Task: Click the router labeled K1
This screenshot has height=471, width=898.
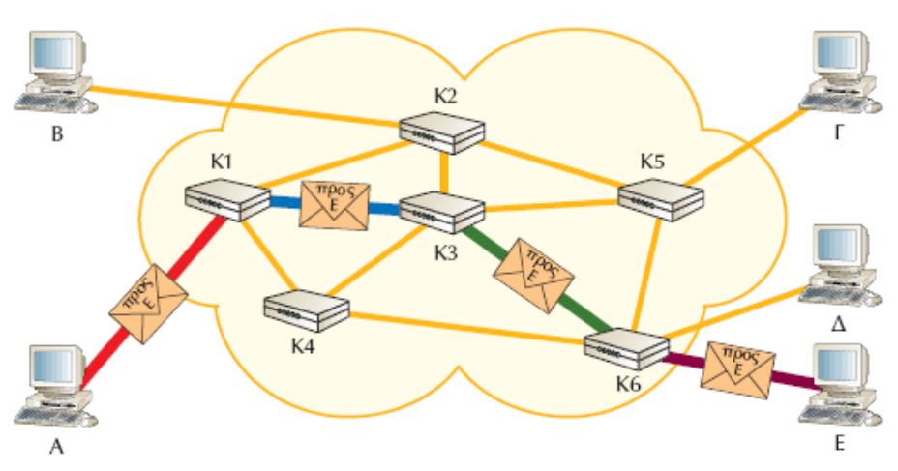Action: [x=226, y=199]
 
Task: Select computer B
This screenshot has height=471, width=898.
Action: [x=53, y=73]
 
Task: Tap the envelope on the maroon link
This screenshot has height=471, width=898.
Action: [x=738, y=367]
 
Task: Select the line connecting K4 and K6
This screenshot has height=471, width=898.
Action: [x=464, y=328]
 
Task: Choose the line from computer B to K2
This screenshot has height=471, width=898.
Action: [x=242, y=106]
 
